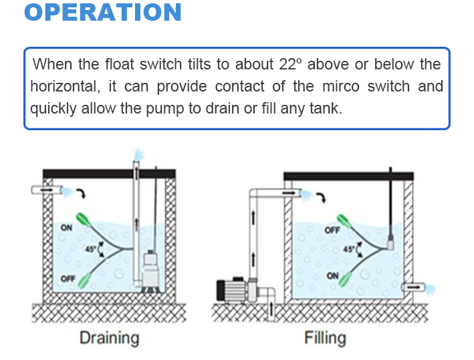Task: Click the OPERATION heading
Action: pos(103,13)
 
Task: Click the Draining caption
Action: pos(109,337)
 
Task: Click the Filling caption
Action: pos(325,337)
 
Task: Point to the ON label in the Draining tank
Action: pos(67,228)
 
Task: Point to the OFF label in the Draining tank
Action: pos(67,279)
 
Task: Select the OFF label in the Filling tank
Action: pos(332,230)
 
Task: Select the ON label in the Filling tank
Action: pos(332,275)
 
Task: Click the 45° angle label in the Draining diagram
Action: pos(92,248)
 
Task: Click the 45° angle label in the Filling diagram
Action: pos(348,249)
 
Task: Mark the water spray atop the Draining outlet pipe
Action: pos(138,155)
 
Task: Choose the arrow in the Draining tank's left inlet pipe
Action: pos(46,191)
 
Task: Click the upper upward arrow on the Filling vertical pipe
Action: pos(254,217)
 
